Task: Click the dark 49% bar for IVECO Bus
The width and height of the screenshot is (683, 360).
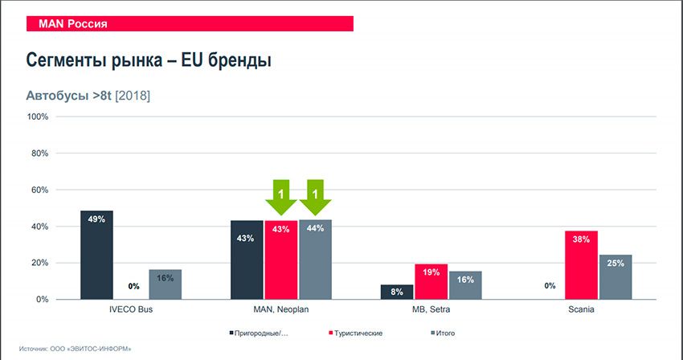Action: (x=96, y=255)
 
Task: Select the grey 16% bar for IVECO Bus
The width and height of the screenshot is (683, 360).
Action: (x=165, y=284)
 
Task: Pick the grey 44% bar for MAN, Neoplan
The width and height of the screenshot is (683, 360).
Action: (x=315, y=260)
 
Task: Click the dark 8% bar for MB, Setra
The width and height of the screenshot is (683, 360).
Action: (x=397, y=292)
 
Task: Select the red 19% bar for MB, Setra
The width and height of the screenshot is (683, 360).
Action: (x=431, y=281)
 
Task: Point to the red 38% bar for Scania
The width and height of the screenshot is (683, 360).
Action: (x=581, y=265)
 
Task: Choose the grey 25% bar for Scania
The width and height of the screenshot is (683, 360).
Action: (x=615, y=277)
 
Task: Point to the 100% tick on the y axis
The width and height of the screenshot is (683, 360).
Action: (x=39, y=117)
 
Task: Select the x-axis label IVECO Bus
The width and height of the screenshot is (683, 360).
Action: (x=131, y=310)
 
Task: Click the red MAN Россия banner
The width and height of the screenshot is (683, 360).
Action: (x=190, y=24)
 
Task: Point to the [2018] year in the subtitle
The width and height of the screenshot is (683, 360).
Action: (x=133, y=96)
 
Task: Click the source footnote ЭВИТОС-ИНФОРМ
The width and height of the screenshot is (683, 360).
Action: (x=76, y=349)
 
